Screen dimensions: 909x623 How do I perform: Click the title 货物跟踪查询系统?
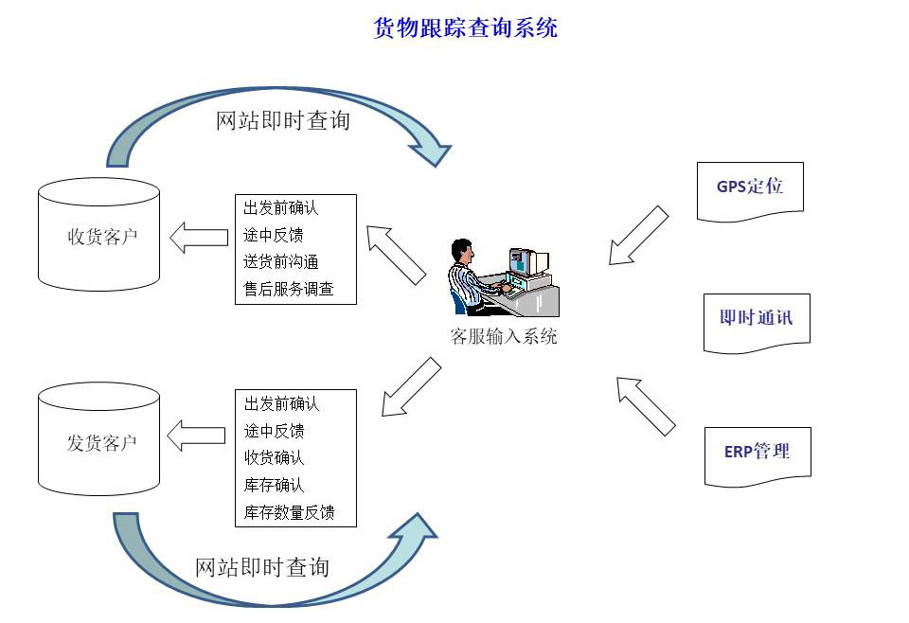pos(466,27)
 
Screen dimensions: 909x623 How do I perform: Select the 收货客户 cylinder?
pos(98,235)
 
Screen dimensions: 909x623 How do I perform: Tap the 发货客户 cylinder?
pos(98,438)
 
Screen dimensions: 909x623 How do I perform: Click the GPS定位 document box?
pos(750,191)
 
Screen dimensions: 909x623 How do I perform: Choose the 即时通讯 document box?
pos(757,323)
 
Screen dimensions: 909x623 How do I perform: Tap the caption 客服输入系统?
pos(503,336)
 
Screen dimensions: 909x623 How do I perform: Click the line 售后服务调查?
pos(288,289)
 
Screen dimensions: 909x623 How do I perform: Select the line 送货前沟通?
pos(280,262)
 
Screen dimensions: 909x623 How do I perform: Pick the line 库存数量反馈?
pos(289,512)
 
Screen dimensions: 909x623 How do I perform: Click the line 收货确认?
pos(274,458)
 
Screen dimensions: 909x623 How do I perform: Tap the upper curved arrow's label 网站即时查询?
pos(283,120)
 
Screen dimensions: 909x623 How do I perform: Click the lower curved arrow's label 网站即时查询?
pos(262,567)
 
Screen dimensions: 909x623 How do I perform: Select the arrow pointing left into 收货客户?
pos(199,238)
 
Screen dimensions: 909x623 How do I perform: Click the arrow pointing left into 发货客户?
pos(196,436)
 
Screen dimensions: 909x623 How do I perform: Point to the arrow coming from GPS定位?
pos(638,236)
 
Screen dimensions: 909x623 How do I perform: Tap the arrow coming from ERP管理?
pos(646,406)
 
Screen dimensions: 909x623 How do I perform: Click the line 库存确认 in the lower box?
pos(274,485)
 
